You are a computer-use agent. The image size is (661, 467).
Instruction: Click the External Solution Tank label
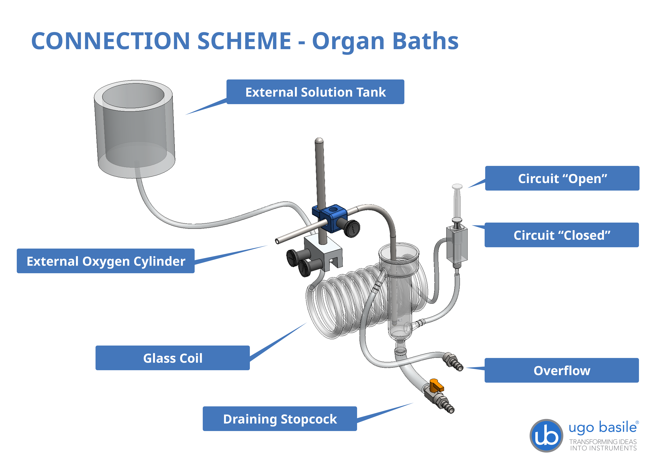pyautogui.click(x=315, y=92)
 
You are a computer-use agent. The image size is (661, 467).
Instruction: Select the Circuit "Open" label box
pyautogui.click(x=562, y=178)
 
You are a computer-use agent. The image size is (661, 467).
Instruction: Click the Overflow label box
pyautogui.click(x=562, y=370)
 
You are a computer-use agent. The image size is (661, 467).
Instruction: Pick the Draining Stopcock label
pyautogui.click(x=280, y=419)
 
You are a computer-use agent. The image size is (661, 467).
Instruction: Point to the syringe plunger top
pyautogui.click(x=457, y=186)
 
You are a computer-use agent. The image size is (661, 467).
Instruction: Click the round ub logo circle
pyautogui.click(x=546, y=436)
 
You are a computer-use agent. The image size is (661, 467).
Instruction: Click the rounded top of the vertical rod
pyautogui.click(x=319, y=141)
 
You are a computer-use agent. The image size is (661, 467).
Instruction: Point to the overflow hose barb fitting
pyautogui.click(x=453, y=362)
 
